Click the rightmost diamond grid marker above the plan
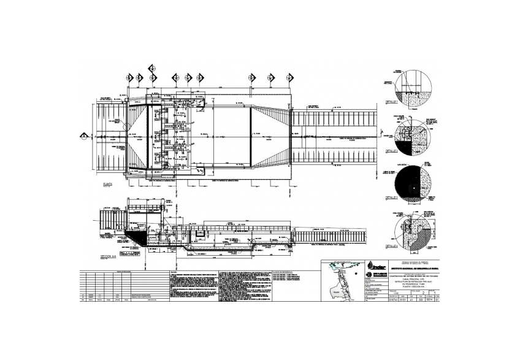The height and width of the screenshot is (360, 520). point(289,78)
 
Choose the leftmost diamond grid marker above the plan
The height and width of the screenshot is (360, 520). point(129,78)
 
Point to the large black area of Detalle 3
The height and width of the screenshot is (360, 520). point(407,183)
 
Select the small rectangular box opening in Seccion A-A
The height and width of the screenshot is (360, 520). point(201,235)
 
